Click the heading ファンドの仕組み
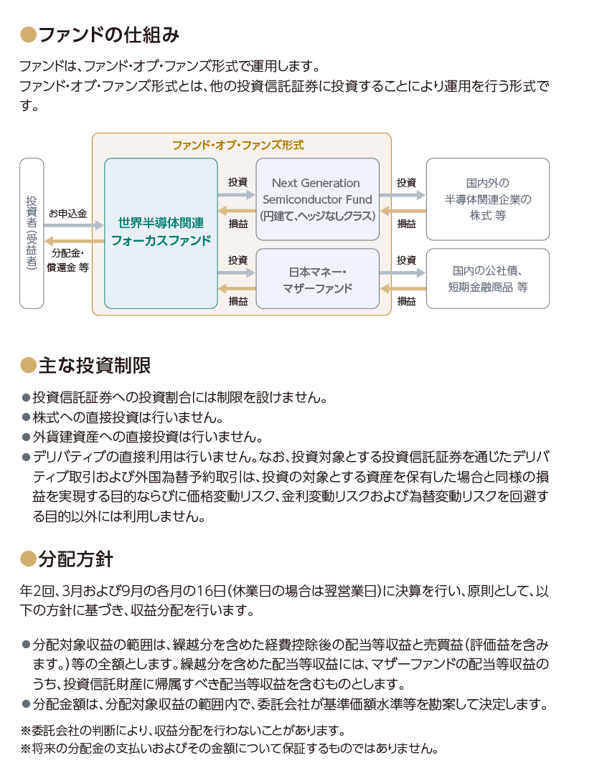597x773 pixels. (108, 35)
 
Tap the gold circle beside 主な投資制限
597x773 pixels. (28, 365)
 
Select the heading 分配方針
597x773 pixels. (76, 559)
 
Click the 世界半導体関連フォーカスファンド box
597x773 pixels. (161, 233)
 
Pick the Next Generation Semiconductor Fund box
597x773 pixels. (318, 199)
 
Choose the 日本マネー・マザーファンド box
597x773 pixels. (318, 279)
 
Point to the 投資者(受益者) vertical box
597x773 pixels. (32, 233)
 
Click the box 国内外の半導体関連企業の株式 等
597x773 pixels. (488, 199)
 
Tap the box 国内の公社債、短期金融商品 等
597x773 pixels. (488, 279)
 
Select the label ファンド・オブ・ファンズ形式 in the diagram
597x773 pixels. (238, 145)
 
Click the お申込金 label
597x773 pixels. (67, 214)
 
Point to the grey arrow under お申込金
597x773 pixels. (74, 225)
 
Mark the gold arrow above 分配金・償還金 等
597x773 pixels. (74, 241)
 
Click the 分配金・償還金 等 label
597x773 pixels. (67, 260)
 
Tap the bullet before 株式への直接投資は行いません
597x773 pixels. (26, 417)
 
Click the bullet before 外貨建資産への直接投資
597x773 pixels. (26, 437)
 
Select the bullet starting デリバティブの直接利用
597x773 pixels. (26, 457)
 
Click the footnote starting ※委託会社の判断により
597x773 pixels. (182, 730)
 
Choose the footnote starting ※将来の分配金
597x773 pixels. (229, 749)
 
